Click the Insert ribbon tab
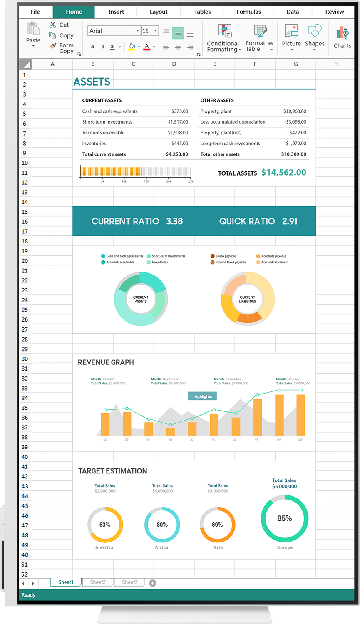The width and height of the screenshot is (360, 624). pos(116,12)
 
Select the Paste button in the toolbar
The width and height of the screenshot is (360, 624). pos(33,34)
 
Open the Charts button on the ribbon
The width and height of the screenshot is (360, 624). pos(342,37)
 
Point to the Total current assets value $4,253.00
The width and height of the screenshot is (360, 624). pos(177,154)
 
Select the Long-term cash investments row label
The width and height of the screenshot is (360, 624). pos(230,144)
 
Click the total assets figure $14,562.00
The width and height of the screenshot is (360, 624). pos(283,173)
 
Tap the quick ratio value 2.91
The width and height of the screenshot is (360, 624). pos(290,221)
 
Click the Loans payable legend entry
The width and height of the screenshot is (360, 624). pos(226,256)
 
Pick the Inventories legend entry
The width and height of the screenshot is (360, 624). pos(159,262)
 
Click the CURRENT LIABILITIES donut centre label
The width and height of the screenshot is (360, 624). pos(248,300)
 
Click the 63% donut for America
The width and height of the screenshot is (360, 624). pos(105,525)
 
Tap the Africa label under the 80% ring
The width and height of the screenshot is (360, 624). pos(162,547)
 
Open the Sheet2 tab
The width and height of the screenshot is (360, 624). pos(98,582)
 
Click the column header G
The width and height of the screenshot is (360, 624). pos(295,64)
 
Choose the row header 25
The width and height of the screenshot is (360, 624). pos(25,310)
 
